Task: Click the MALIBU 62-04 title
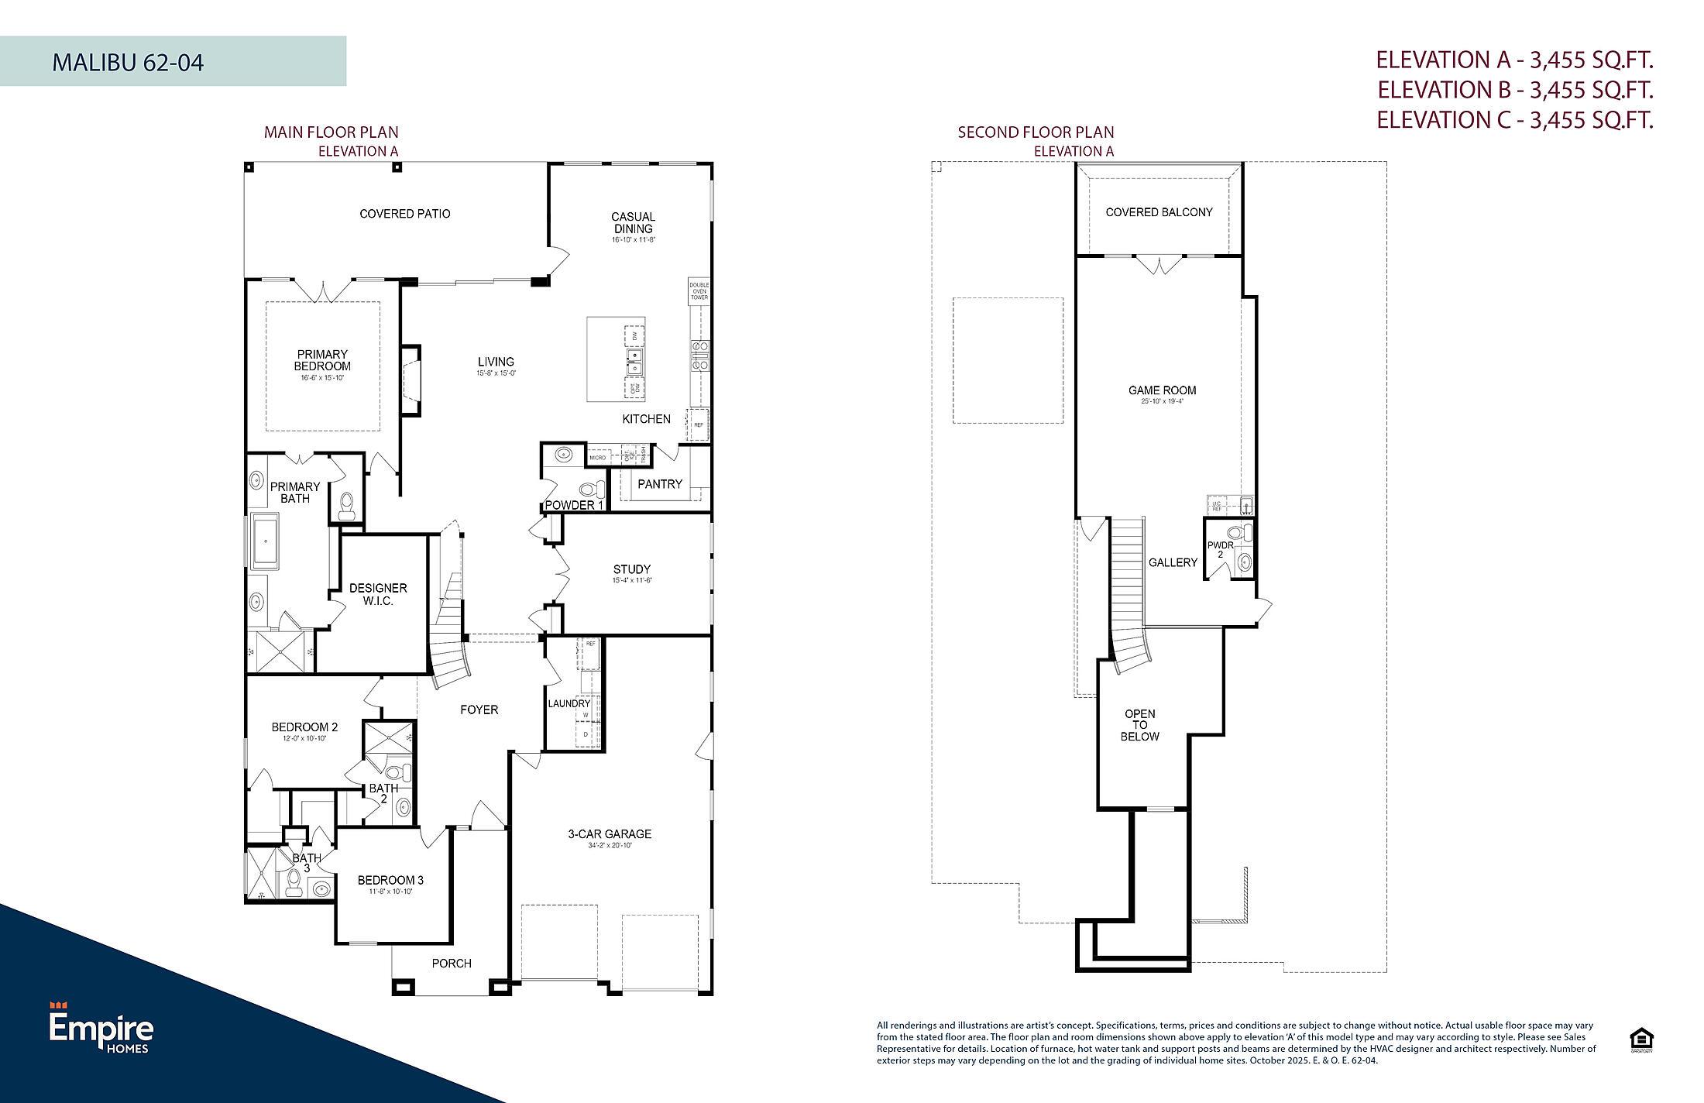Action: pos(128,62)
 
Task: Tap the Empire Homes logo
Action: pos(101,1028)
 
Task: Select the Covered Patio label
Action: pos(404,214)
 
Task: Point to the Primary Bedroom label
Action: pos(322,360)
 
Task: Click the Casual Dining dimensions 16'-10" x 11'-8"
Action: pos(633,241)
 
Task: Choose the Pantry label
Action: pos(659,484)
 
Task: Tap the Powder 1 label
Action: pos(574,506)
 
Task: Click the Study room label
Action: pos(631,569)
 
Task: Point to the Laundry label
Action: pos(569,703)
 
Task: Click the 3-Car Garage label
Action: pos(610,834)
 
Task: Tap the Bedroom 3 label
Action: pos(390,881)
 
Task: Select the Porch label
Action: pos(452,964)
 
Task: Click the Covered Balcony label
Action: pos(1159,212)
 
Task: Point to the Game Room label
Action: pos(1162,390)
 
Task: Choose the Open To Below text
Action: pos(1139,725)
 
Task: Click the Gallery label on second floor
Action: pos(1173,562)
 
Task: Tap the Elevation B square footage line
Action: pos(1515,90)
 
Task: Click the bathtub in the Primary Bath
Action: pos(265,541)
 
